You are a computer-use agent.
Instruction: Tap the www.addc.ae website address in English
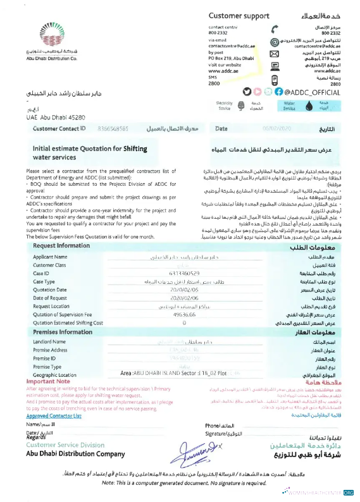(x=223, y=71)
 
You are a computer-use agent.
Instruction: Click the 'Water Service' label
(x=290, y=106)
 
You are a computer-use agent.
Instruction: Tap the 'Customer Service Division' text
(x=66, y=445)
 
